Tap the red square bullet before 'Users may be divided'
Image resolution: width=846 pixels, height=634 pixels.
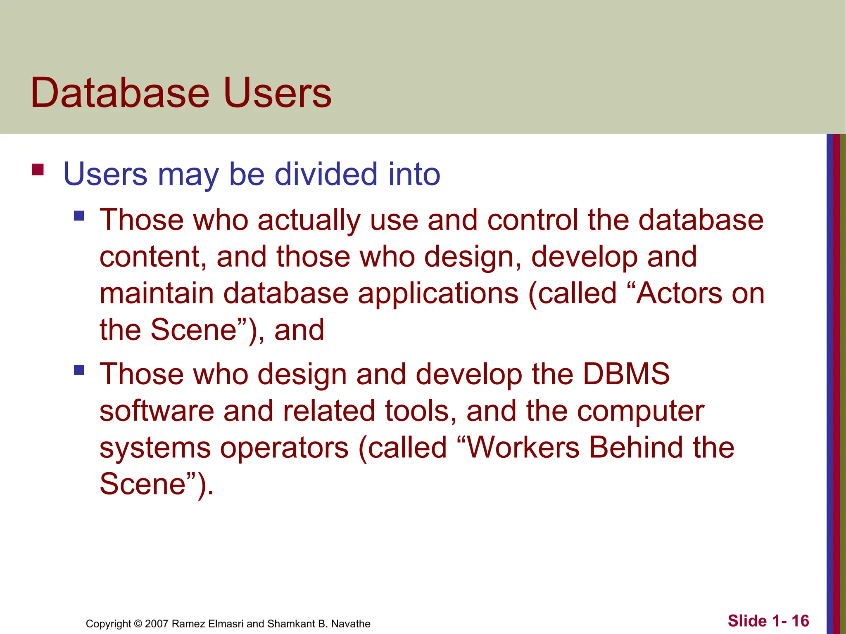pos(38,170)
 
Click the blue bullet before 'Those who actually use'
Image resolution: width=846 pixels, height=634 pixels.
pos(79,216)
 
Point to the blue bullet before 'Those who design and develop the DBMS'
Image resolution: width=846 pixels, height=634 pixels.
pos(79,369)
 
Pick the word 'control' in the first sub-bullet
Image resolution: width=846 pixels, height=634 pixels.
pos(532,220)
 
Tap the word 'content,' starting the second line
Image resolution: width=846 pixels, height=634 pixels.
pos(153,257)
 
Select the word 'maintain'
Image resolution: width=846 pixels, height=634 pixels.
pos(156,293)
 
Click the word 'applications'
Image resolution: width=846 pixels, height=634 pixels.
pos(438,294)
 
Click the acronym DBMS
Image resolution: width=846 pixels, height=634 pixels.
pos(626,374)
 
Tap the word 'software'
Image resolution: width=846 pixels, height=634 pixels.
pos(157,411)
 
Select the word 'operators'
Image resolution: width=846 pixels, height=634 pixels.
pos(284,448)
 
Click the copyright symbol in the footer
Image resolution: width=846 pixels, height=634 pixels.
pos(138,624)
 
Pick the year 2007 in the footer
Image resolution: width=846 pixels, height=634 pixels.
pos(157,624)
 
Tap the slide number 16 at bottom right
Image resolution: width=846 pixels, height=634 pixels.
pos(800,621)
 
